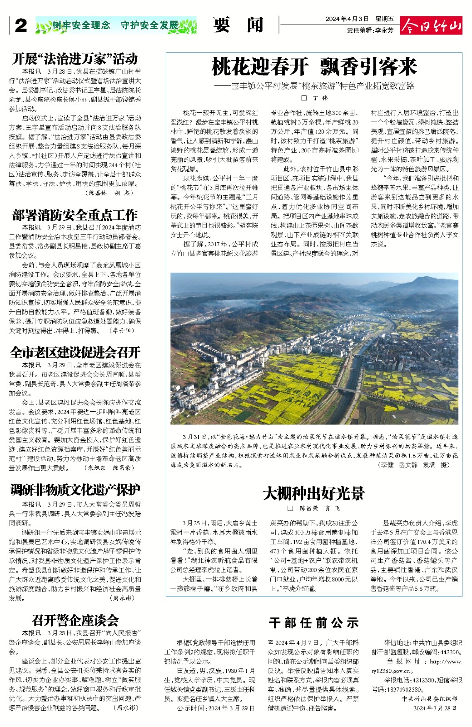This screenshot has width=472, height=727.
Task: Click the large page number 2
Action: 20,26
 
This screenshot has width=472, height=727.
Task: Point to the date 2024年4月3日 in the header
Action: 347,19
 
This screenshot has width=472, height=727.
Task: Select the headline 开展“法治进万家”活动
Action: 75,59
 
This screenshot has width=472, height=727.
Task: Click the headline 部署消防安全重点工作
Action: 75,215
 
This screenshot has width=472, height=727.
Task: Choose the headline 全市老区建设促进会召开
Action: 75,353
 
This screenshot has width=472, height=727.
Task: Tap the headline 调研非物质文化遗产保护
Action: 75,490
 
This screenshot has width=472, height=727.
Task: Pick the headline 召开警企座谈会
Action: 75,620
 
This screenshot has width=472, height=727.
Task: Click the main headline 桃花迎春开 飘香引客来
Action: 314,68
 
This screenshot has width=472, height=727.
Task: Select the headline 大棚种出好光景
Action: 313,493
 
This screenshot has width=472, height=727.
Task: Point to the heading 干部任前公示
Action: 313,622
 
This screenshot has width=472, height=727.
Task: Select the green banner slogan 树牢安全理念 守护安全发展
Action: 116,25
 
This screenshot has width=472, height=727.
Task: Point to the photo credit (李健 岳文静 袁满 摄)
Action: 413,465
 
